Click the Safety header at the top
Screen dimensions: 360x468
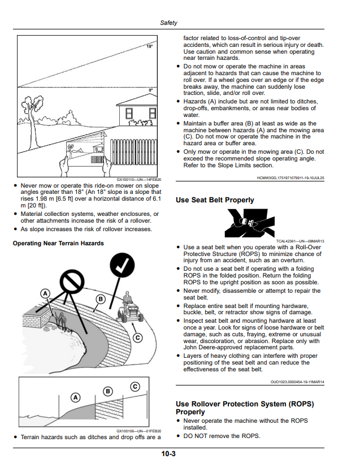point(168,23)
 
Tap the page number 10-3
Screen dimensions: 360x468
point(168,454)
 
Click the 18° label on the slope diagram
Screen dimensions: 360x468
point(150,46)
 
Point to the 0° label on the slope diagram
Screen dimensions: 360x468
point(150,90)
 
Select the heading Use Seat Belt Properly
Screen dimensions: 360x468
point(215,200)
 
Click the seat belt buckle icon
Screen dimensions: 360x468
point(250,223)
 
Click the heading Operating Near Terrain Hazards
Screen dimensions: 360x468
point(58,243)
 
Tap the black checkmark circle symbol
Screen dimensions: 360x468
point(122,265)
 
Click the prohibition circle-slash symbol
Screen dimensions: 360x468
point(72,281)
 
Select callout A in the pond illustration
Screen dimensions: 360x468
point(45,294)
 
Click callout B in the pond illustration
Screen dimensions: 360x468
point(101,299)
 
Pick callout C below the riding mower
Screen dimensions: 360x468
point(137,338)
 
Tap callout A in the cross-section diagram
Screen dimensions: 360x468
point(76,397)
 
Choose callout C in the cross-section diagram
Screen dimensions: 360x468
point(135,387)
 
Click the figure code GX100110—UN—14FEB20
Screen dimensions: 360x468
point(139,180)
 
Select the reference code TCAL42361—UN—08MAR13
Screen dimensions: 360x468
point(300,241)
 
